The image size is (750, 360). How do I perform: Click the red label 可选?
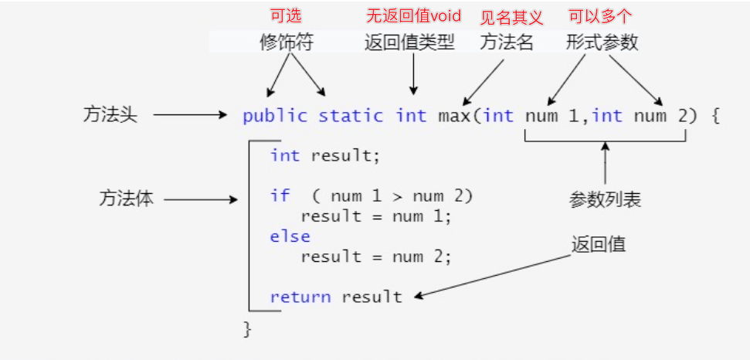tap(285, 16)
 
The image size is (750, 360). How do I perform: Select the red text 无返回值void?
tap(412, 16)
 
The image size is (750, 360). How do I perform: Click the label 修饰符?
tap(286, 42)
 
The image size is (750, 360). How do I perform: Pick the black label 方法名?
tap(507, 42)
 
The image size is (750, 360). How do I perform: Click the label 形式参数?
tap(602, 42)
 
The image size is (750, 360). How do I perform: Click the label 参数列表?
tap(605, 200)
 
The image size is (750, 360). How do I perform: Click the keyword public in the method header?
tap(274, 116)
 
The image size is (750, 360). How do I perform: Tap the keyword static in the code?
tap(351, 116)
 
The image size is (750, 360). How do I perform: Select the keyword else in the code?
tap(290, 236)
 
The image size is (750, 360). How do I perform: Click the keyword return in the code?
tap(300, 297)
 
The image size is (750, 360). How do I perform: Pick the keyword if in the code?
tap(280, 195)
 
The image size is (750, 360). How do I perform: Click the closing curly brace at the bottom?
tap(248, 329)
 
